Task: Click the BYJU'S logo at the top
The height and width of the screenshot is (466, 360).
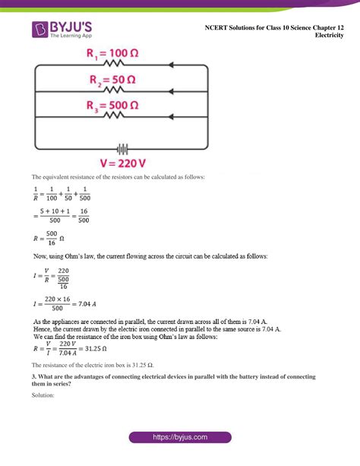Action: click(x=67, y=30)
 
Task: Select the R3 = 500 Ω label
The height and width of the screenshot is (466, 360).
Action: click(x=117, y=105)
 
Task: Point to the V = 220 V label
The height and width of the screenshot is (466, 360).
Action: click(x=122, y=163)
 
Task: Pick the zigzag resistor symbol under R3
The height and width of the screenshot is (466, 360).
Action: click(x=114, y=116)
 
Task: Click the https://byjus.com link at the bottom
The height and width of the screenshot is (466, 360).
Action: click(x=180, y=438)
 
